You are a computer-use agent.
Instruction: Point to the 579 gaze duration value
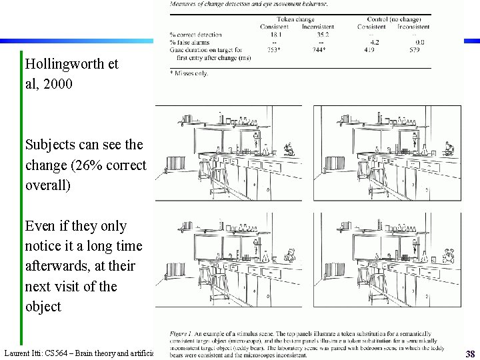[x=414, y=50]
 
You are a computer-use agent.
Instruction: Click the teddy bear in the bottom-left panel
[x=289, y=254]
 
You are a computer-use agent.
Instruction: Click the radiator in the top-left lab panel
[x=175, y=163]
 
